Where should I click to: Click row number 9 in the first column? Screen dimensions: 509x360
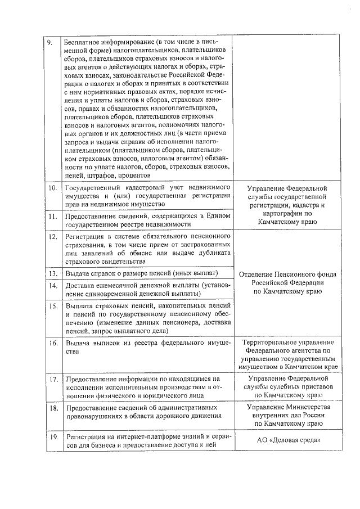click(x=49, y=42)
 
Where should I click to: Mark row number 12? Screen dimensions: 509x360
click(x=51, y=238)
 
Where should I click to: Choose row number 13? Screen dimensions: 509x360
click(x=51, y=274)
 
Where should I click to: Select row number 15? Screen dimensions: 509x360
click(x=51, y=307)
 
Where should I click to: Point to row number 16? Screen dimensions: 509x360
click(x=51, y=343)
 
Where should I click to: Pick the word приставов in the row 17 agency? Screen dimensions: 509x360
click(x=316, y=388)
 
